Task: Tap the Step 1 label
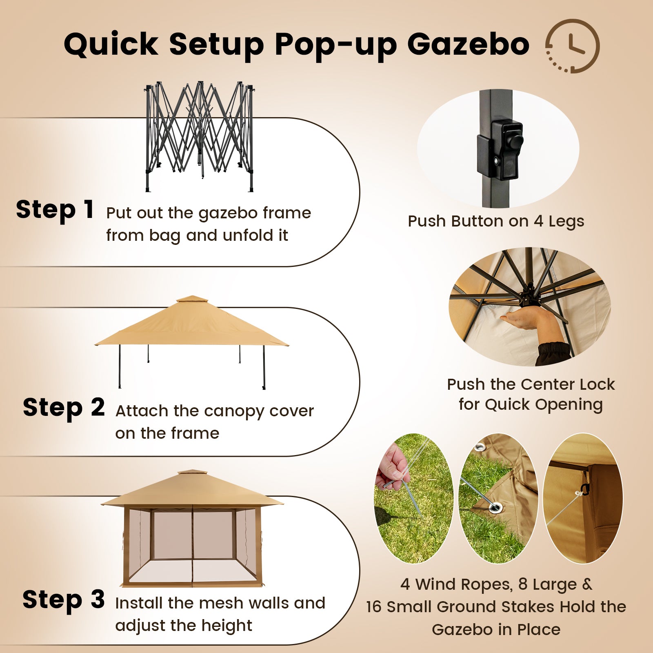pyautogui.click(x=55, y=210)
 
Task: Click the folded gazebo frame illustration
pyautogui.click(x=200, y=136)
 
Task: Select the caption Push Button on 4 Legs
pyautogui.click(x=496, y=221)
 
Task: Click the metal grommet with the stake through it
pyautogui.click(x=495, y=508)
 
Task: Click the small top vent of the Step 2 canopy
pyautogui.click(x=192, y=299)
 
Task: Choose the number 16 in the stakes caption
pyautogui.click(x=373, y=607)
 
